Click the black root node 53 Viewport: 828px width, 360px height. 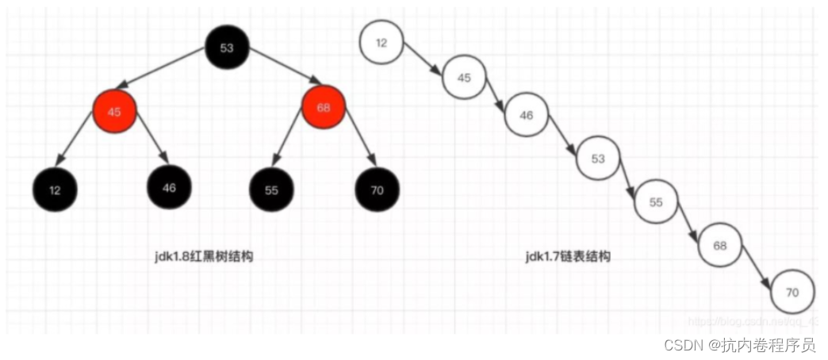point(228,48)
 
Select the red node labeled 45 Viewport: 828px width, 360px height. point(114,111)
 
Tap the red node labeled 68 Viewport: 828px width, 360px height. point(324,108)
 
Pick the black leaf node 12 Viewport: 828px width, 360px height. point(55,190)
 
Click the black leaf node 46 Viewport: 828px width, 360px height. point(169,188)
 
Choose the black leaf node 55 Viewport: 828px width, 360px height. point(271,190)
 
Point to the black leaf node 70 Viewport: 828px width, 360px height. point(377,190)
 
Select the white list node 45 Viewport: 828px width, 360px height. point(464,78)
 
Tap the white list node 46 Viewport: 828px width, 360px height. point(527,115)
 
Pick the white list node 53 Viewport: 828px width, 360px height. point(598,158)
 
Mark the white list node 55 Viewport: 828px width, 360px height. point(656,201)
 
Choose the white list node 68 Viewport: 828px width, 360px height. point(719,245)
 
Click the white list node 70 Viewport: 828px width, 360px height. point(792,292)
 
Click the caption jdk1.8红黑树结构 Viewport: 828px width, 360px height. point(204,257)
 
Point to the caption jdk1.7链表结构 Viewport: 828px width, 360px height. point(568,257)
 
